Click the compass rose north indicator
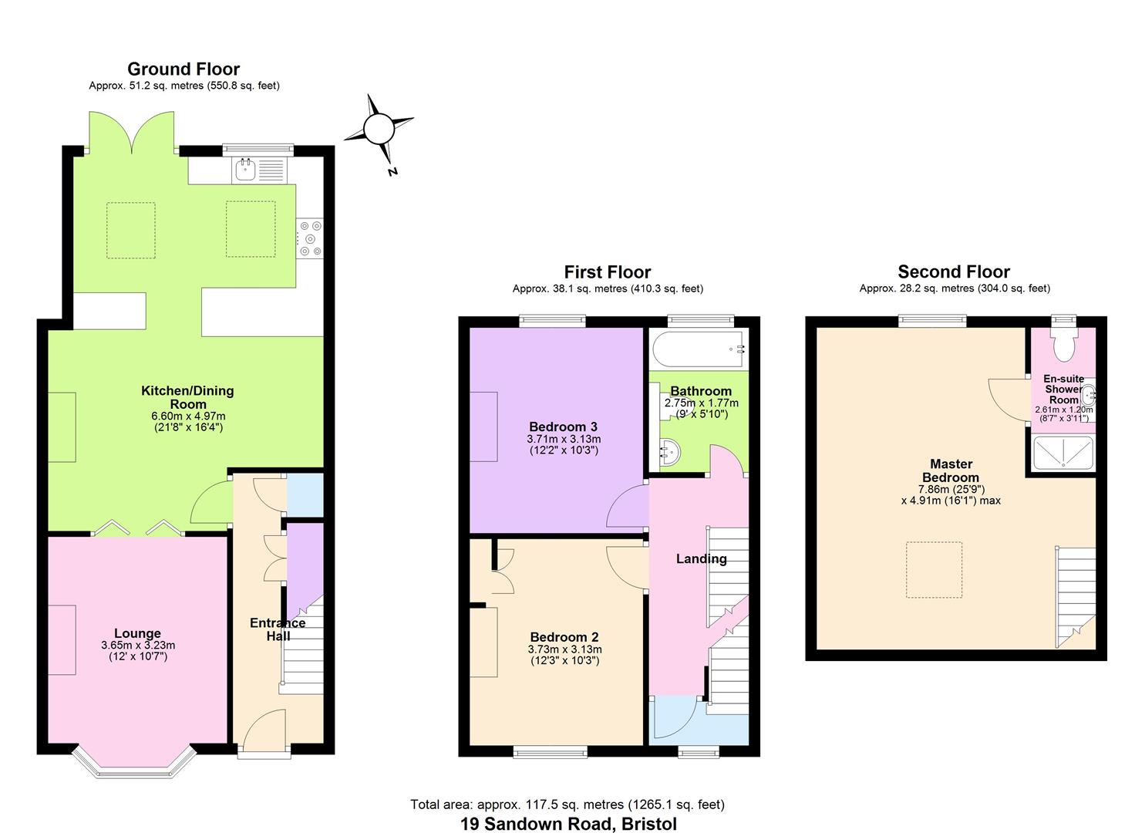[379, 130]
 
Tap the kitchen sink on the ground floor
[246, 170]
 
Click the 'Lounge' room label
[138, 633]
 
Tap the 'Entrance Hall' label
[278, 629]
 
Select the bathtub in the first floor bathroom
[699, 349]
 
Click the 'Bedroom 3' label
[563, 427]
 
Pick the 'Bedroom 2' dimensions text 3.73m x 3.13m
[564, 649]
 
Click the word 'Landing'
[701, 558]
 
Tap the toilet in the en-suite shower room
[1063, 344]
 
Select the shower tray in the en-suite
[1063, 453]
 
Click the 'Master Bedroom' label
[951, 470]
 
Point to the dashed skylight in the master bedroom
[934, 570]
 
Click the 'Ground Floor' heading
[184, 69]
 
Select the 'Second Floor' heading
[954, 271]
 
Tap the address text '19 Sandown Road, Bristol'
[568, 823]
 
